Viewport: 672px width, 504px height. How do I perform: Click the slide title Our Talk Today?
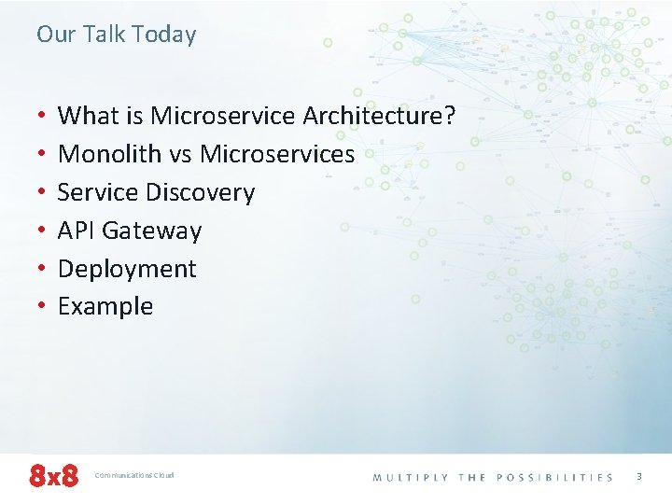[117, 35]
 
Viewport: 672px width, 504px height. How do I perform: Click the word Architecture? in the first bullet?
[379, 116]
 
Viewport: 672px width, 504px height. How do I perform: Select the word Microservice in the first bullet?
[223, 116]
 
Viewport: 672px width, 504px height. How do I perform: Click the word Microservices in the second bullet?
[277, 154]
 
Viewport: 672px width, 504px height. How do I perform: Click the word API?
[77, 231]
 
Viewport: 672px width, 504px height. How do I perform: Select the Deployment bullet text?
[127, 269]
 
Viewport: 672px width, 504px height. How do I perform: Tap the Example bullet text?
[105, 306]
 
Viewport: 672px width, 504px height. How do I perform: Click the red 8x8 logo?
[53, 476]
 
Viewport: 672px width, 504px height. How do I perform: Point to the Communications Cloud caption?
[134, 476]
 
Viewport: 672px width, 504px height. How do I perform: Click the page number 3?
[639, 476]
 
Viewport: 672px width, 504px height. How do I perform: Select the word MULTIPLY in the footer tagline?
[411, 477]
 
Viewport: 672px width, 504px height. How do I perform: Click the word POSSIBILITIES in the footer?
[554, 477]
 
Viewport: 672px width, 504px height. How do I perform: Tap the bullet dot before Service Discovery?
[41, 193]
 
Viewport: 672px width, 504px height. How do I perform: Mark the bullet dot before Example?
[41, 307]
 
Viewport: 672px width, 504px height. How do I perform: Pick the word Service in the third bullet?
[98, 192]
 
